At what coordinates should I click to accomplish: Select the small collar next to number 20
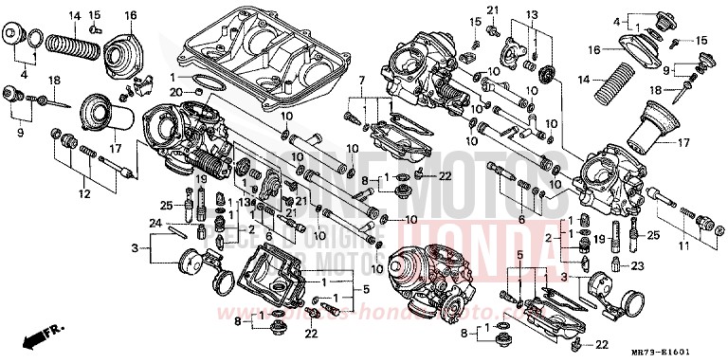pyautogui.click(x=199, y=91)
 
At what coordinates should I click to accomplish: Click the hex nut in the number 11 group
pyautogui.click(x=703, y=224)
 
